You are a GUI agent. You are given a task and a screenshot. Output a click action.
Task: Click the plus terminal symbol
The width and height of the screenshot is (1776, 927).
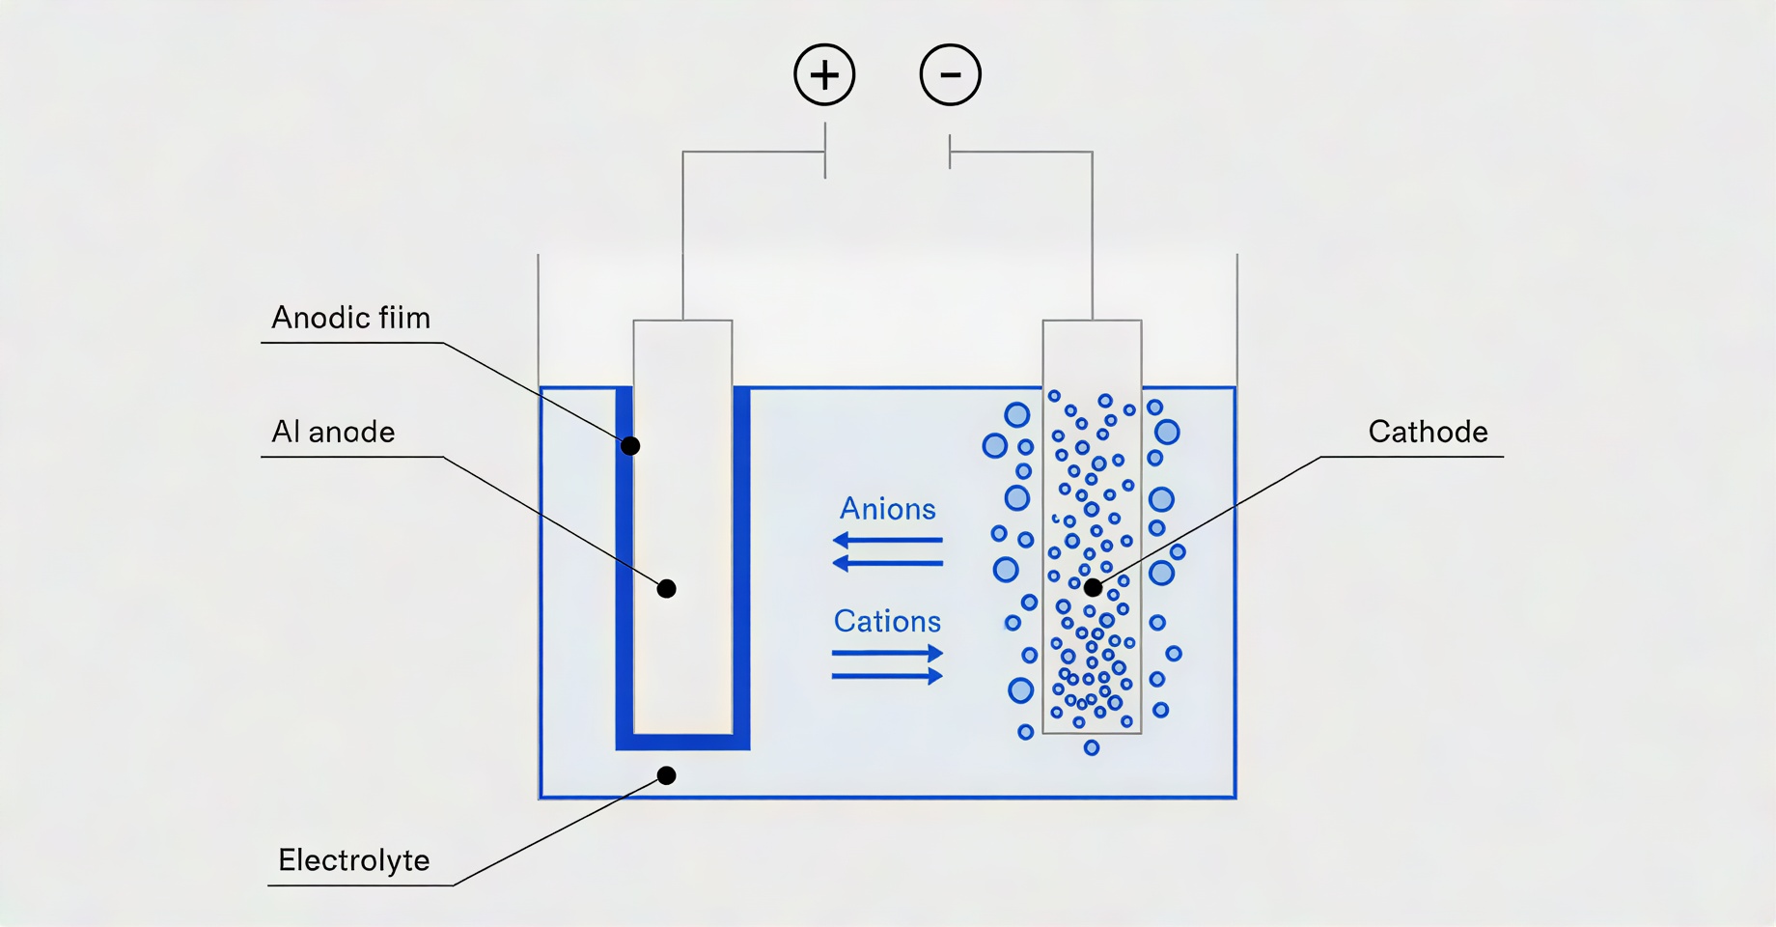(x=824, y=74)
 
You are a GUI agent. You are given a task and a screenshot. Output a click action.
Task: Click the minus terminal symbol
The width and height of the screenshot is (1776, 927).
(x=951, y=74)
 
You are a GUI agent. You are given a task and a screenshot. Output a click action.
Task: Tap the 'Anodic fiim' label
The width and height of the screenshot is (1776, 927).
(x=351, y=318)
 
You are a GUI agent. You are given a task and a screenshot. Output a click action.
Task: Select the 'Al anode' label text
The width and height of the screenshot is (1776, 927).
(x=333, y=432)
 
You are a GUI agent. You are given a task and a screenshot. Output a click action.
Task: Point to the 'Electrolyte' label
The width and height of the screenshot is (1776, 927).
(x=354, y=860)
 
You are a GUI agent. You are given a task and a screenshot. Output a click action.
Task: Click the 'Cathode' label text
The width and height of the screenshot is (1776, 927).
(x=1429, y=432)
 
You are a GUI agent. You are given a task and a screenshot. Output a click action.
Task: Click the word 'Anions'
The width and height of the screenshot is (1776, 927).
(x=888, y=509)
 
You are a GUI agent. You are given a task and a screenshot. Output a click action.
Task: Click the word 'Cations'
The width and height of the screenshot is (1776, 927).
(x=887, y=621)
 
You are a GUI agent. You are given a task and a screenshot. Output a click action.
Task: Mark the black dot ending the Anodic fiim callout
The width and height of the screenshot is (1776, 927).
(x=630, y=446)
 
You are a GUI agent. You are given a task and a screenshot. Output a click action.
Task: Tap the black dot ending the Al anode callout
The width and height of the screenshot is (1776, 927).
(x=666, y=589)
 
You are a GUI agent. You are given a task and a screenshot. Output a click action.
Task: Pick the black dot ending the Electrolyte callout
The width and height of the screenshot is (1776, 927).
(x=666, y=775)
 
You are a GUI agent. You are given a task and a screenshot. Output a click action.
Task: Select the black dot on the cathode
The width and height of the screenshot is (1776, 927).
(x=1093, y=587)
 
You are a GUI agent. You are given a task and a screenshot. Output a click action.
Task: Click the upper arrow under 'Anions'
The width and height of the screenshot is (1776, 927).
(x=888, y=540)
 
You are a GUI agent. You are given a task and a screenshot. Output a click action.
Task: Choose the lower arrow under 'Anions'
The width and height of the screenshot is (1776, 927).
(x=888, y=562)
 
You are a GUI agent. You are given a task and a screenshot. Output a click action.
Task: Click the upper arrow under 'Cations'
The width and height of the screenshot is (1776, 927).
(x=888, y=654)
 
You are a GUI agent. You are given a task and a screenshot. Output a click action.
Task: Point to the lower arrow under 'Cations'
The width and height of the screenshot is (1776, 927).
(x=888, y=676)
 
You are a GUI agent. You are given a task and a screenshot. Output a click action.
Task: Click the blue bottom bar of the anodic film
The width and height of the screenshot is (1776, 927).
(x=683, y=742)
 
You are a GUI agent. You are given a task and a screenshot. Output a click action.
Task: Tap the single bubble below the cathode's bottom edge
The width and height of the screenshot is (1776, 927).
(x=1092, y=747)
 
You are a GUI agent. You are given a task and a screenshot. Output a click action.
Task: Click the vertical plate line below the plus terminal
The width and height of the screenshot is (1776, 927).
(x=825, y=152)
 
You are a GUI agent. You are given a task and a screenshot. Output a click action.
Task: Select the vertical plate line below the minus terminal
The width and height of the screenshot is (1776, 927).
(x=950, y=152)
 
